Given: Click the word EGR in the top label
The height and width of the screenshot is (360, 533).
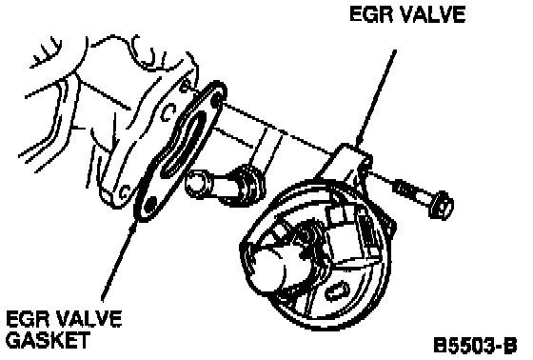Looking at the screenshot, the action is [x=369, y=15].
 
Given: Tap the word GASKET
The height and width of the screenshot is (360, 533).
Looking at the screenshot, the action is [x=48, y=340].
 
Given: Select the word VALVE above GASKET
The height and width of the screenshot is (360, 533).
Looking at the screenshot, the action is [x=87, y=319].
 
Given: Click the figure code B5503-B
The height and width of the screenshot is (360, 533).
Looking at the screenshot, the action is [x=475, y=346].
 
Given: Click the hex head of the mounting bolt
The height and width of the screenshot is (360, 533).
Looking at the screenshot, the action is [x=441, y=204].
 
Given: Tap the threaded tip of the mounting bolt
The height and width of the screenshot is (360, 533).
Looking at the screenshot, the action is [x=403, y=189].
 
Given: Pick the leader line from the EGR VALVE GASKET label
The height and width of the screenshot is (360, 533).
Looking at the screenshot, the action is [x=119, y=261].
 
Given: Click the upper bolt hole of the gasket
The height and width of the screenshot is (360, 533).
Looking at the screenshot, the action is [x=216, y=100].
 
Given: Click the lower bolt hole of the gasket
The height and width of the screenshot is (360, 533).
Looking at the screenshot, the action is [x=149, y=205].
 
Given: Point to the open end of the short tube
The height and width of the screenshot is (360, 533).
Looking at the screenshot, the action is [x=195, y=185].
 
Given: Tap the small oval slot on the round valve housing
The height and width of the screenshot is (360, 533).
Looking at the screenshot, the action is [x=338, y=291].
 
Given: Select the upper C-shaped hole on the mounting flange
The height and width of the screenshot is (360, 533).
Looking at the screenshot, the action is [x=168, y=113].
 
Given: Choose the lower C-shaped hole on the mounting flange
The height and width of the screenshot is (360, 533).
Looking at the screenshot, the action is [x=125, y=192].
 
